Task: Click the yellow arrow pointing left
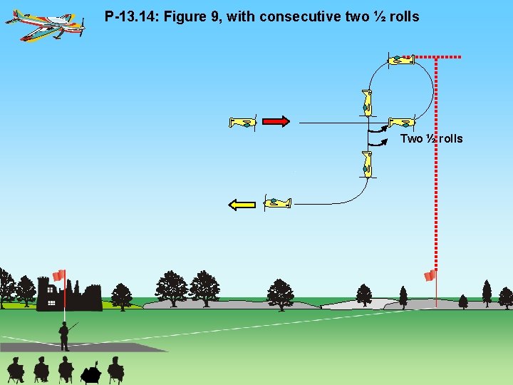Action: click(x=242, y=205)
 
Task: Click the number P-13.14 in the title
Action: click(x=130, y=16)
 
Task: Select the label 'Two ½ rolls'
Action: click(x=431, y=138)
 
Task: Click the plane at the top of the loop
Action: click(x=401, y=60)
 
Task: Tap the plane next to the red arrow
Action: click(x=243, y=123)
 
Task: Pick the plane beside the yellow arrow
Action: click(x=277, y=203)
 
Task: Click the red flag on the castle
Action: click(x=58, y=275)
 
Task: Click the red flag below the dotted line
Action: click(x=430, y=275)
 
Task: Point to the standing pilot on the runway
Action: click(x=64, y=336)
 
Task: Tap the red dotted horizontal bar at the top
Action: click(x=438, y=56)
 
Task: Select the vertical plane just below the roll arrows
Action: click(x=367, y=164)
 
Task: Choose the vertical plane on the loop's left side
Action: click(x=366, y=102)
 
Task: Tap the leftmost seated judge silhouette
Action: click(x=15, y=370)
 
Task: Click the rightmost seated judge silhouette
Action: click(x=115, y=369)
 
